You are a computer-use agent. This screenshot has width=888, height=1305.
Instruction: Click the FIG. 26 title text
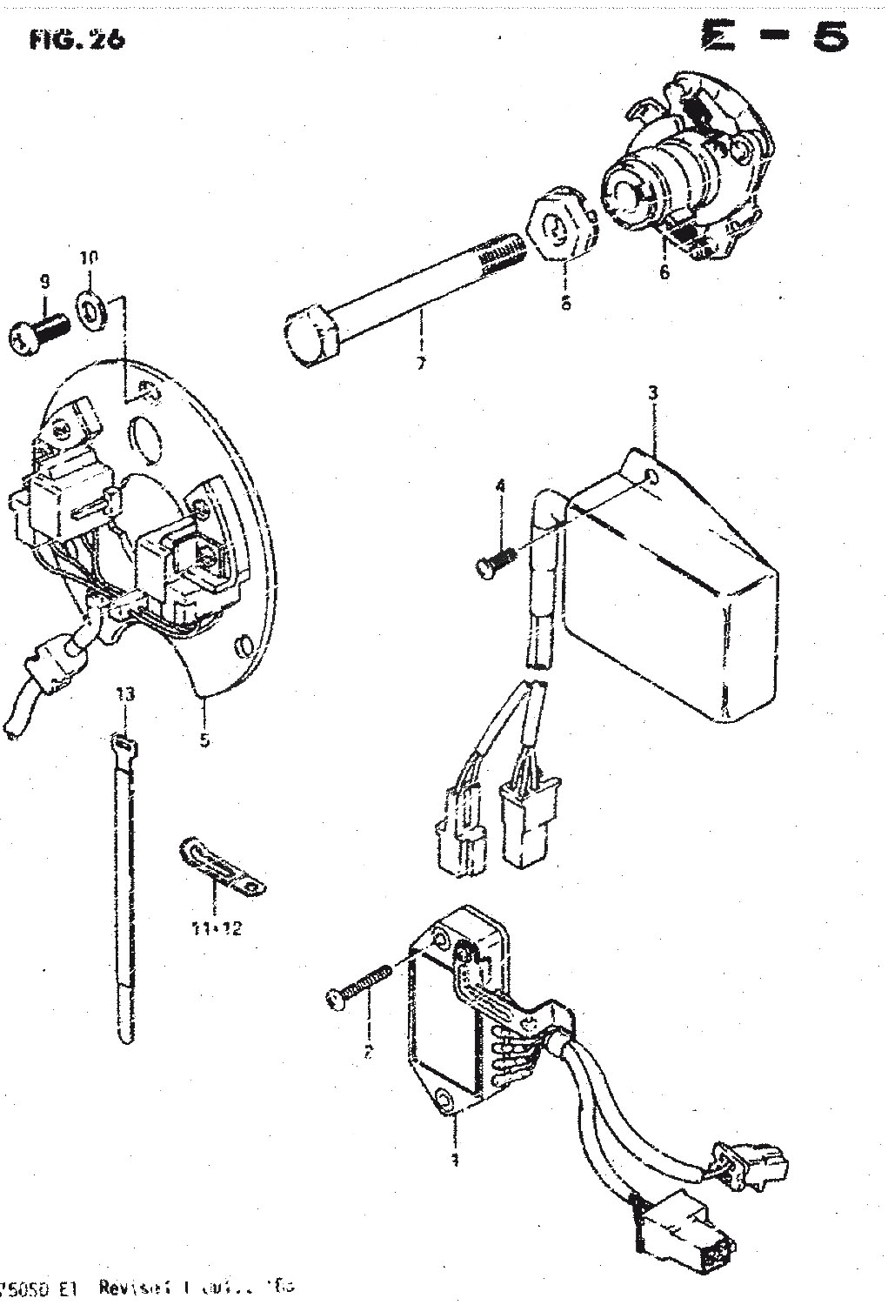pyautogui.click(x=76, y=39)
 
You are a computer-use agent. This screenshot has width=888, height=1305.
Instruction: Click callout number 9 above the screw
pyautogui.click(x=44, y=281)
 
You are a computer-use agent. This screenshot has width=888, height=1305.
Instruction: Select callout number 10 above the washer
pyautogui.click(x=89, y=258)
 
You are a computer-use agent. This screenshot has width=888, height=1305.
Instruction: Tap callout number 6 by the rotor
pyautogui.click(x=665, y=271)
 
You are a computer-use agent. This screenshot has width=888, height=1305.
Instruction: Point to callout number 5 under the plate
pyautogui.click(x=204, y=740)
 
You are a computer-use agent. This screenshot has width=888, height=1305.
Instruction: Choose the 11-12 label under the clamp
pyautogui.click(x=216, y=927)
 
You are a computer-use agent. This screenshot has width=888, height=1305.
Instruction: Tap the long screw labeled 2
pyautogui.click(x=355, y=989)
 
